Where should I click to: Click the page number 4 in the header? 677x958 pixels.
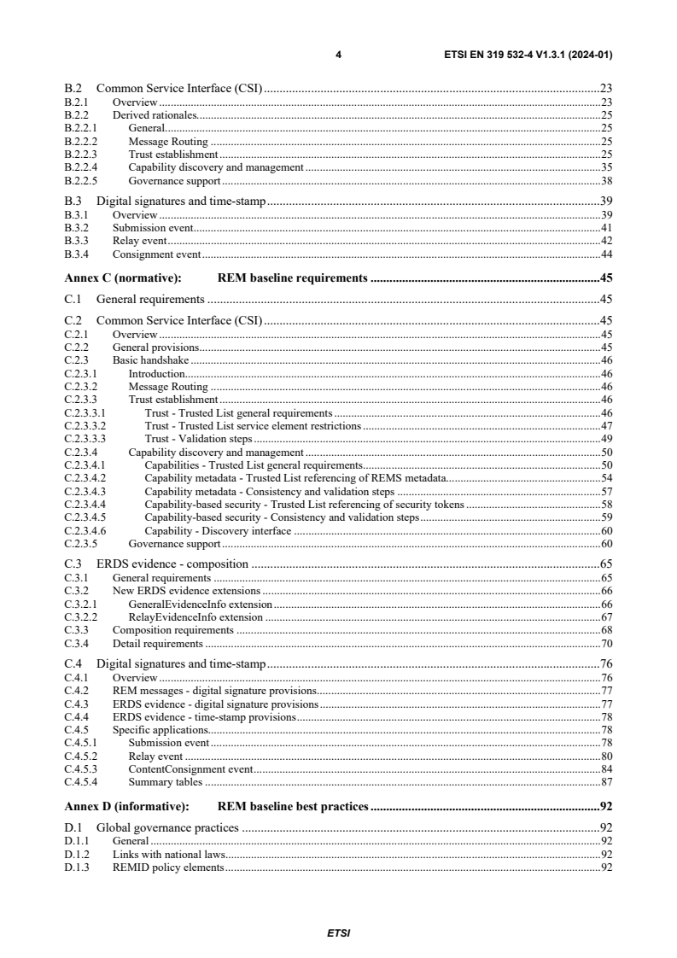click(338, 55)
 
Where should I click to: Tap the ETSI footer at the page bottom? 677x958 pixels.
click(338, 933)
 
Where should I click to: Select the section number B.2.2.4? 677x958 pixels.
click(81, 167)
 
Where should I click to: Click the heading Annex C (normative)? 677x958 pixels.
click(120, 277)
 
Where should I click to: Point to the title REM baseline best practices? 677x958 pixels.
click(293, 805)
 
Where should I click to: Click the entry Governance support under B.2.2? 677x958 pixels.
click(174, 181)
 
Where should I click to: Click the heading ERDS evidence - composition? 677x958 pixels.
click(172, 564)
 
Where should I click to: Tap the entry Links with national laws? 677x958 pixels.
click(166, 854)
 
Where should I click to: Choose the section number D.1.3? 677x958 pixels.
click(76, 867)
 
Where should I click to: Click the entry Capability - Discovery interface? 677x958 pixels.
click(218, 530)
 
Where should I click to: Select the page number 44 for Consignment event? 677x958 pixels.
click(606, 254)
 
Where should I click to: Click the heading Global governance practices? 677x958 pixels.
click(167, 827)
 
